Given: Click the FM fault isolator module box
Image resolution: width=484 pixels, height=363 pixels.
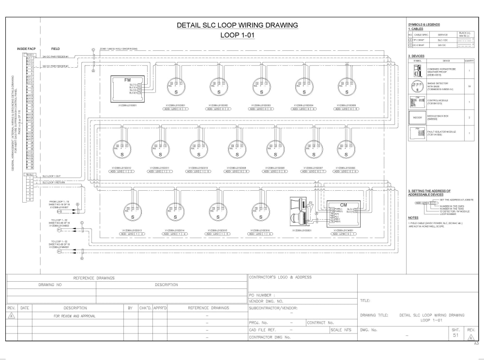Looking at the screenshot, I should pos(127,88).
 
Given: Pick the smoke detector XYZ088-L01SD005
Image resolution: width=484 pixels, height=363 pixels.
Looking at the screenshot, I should pos(347,87).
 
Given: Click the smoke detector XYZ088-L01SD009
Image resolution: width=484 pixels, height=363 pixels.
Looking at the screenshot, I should pos(237,150).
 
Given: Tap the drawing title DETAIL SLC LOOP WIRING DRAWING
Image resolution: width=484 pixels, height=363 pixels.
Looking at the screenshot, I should pos(237,25).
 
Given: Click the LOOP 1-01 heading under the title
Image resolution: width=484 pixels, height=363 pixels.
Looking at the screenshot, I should pos(237,35).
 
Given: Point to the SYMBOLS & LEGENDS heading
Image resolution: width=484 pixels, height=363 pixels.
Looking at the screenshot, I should pos(424,24).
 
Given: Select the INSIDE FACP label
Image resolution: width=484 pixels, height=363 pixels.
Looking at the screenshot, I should pos(25,49).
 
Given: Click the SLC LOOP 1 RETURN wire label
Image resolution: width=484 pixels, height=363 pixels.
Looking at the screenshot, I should pos(54,182).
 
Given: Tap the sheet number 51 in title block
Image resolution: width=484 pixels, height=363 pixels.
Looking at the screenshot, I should pos(455,334).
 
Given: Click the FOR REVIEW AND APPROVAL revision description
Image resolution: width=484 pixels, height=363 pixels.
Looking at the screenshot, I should pos(75,316).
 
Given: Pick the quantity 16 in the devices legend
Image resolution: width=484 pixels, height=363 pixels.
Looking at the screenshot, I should pos(469,86).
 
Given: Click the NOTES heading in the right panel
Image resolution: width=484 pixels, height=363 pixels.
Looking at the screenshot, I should pos(413,217).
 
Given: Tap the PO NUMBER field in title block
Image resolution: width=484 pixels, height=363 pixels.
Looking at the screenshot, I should pos(261,294).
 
